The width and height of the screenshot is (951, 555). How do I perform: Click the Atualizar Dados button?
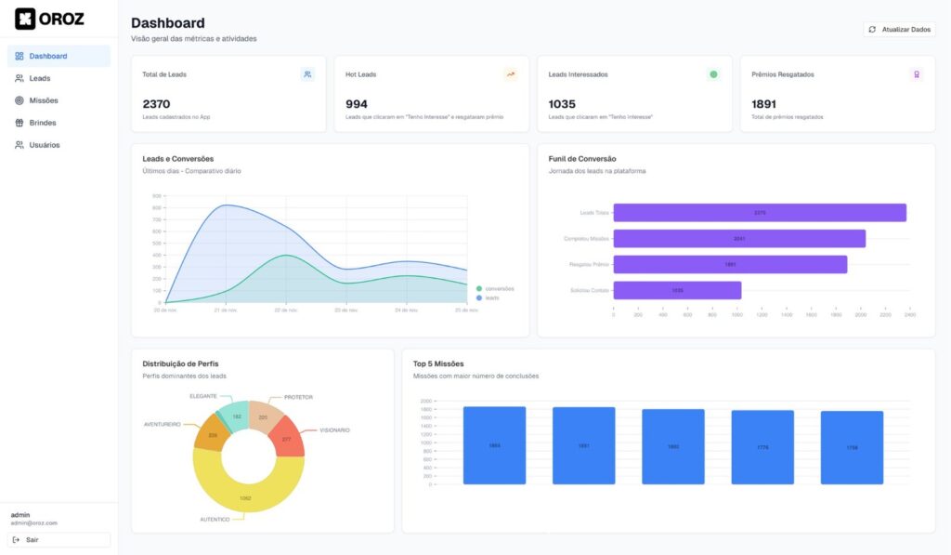[x=899, y=30]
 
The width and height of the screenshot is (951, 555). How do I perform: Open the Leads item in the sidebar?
[x=39, y=78]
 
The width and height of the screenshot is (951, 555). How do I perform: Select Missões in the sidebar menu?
[x=43, y=100]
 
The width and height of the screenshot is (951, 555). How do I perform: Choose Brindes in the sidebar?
[x=42, y=123]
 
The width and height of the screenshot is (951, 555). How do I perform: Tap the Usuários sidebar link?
[x=44, y=145]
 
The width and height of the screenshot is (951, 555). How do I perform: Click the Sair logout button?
[x=59, y=539]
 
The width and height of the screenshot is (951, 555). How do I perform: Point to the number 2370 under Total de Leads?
[x=156, y=104]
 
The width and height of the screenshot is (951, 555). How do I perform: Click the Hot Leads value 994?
[x=357, y=104]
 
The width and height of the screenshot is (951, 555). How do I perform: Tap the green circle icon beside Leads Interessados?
[x=713, y=74]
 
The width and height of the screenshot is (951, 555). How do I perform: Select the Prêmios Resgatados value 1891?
[x=764, y=104]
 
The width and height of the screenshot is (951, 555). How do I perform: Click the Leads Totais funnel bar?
[x=760, y=213]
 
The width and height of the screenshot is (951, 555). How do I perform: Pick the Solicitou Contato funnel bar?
[x=677, y=290]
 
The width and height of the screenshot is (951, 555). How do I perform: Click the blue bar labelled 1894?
[x=494, y=445]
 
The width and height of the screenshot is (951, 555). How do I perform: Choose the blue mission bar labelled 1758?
[x=852, y=447]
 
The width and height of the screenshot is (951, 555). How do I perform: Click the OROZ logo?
[x=50, y=19]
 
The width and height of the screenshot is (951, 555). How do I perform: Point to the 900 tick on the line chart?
[x=156, y=196]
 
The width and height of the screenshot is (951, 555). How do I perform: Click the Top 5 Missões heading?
[x=438, y=363]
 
